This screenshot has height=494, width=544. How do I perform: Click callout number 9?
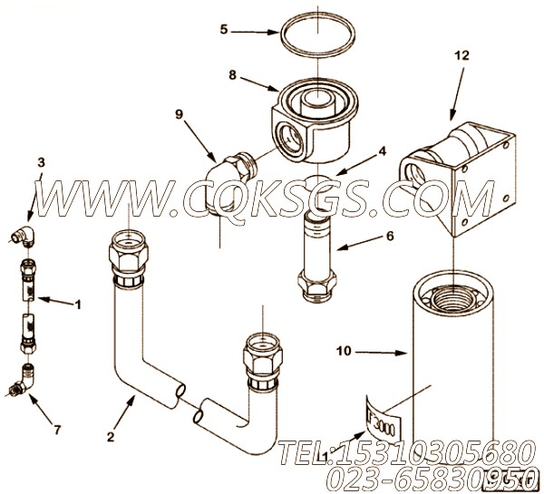[x=179, y=114]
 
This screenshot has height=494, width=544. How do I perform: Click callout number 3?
[x=40, y=163]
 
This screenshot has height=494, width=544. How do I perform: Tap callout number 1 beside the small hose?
[x=77, y=305]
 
